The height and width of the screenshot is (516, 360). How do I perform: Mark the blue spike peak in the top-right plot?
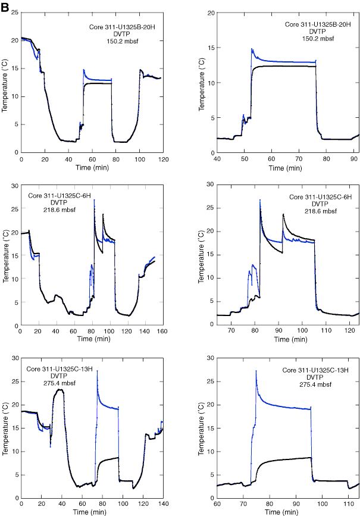click(x=252, y=49)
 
